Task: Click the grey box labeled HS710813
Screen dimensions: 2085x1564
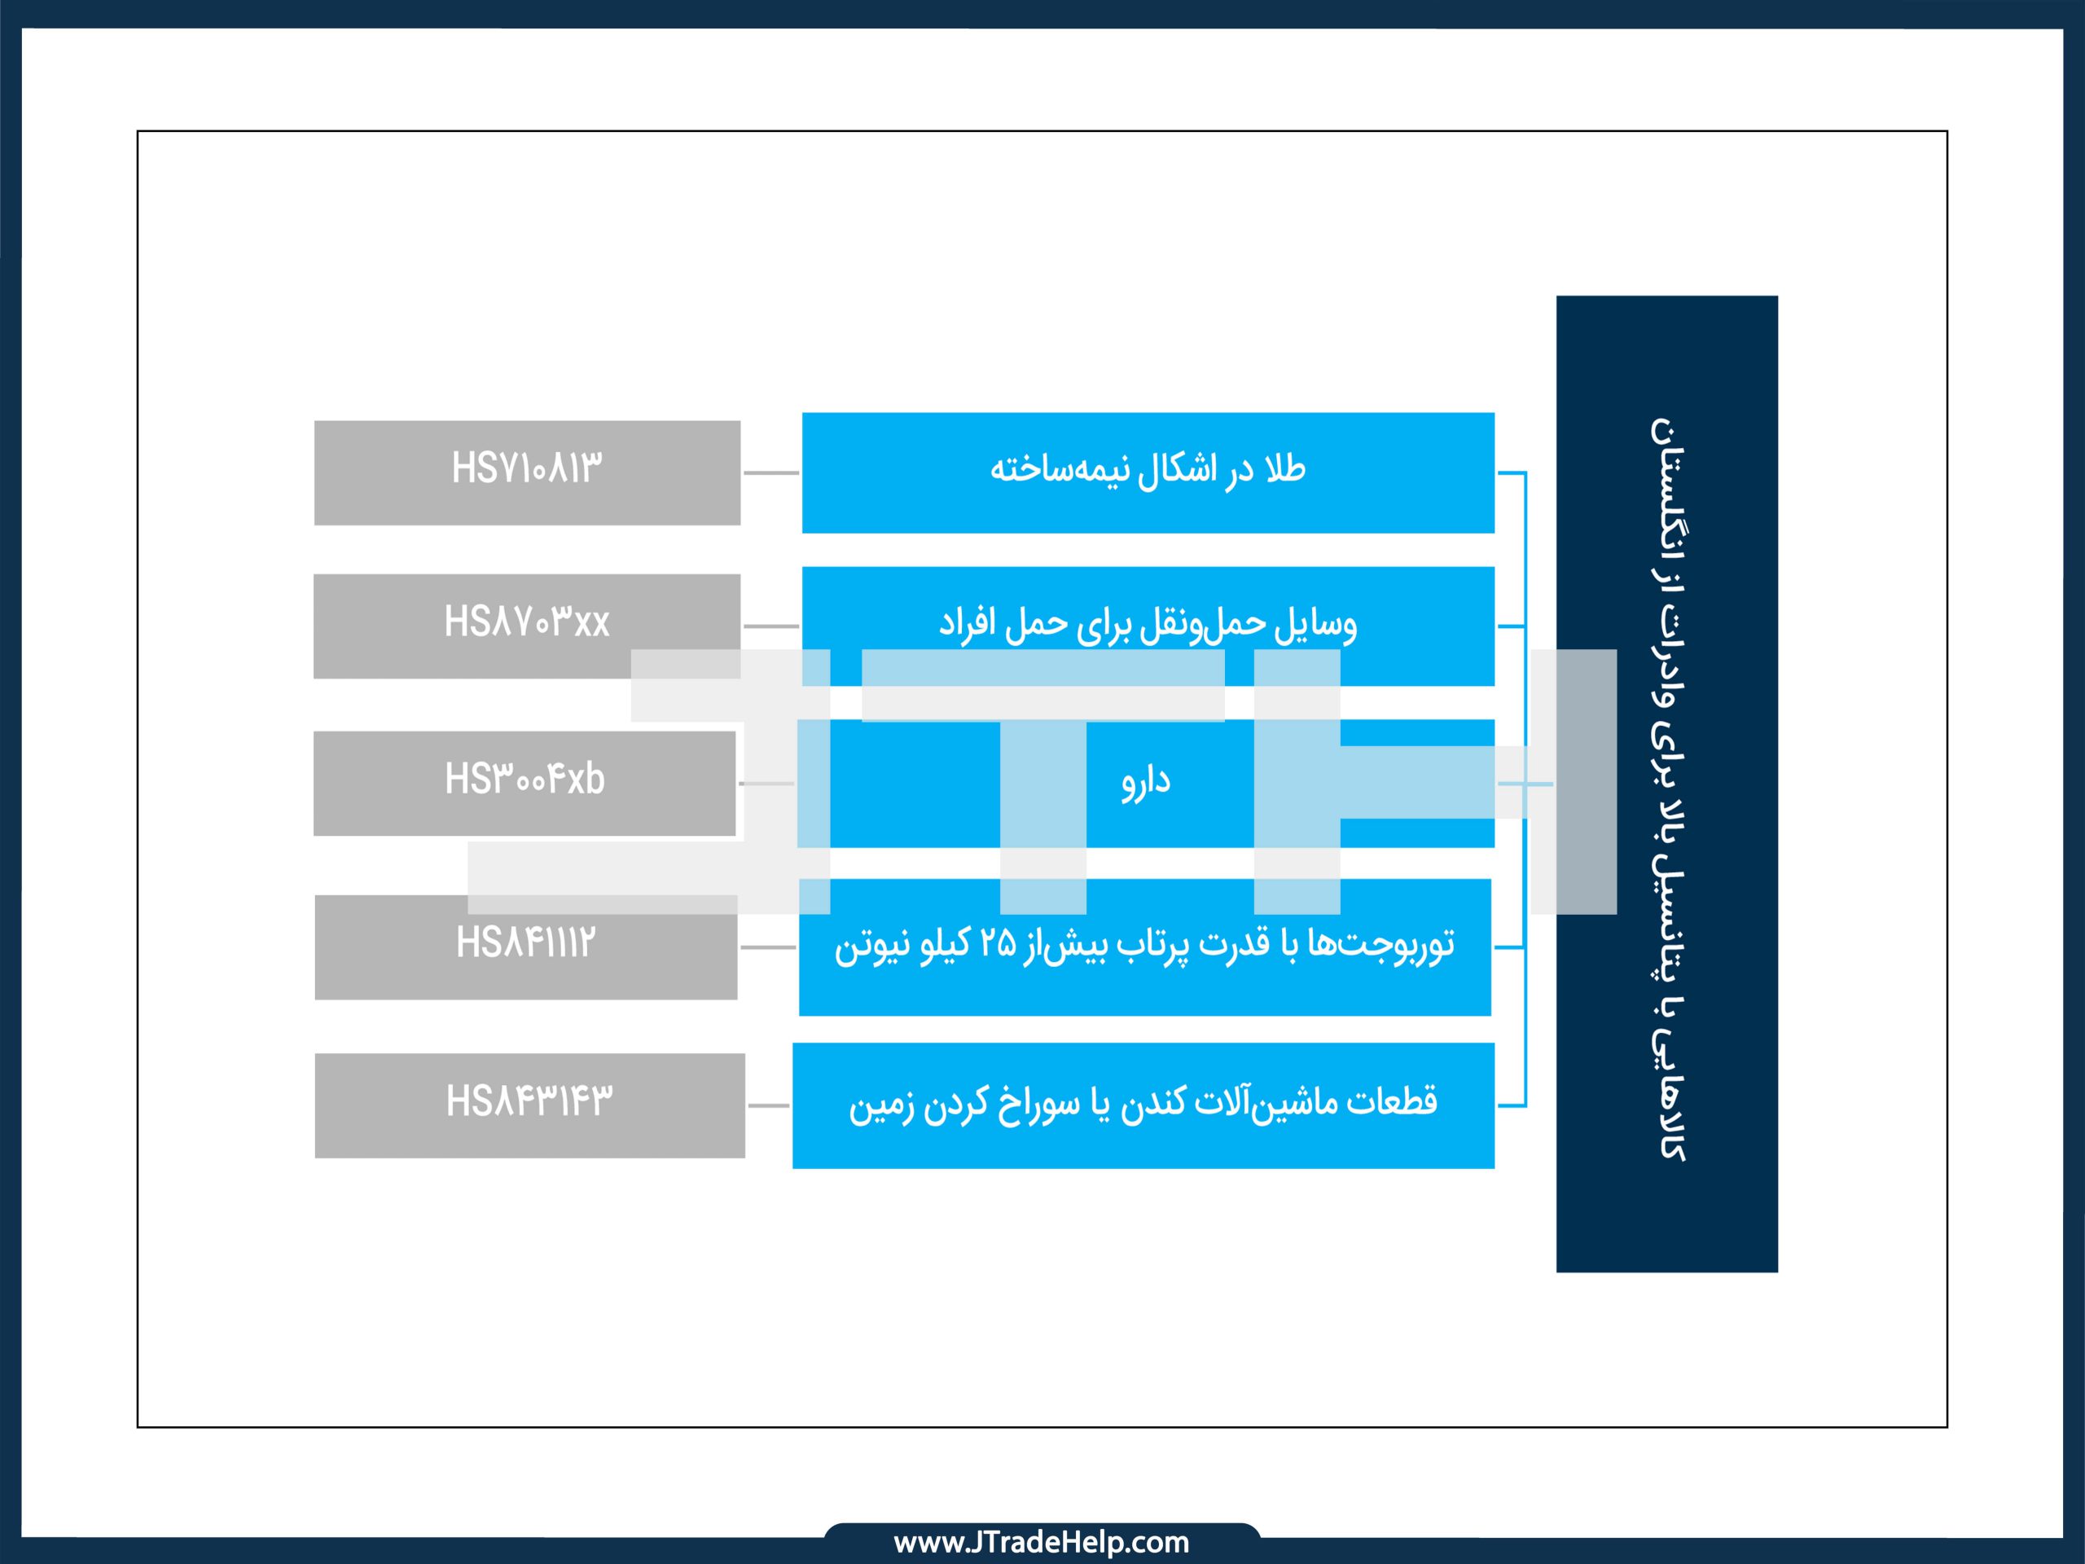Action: coord(527,472)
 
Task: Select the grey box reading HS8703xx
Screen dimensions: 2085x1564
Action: coord(527,626)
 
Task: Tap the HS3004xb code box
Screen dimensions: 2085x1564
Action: coord(524,784)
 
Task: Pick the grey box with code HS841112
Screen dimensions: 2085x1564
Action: coord(526,947)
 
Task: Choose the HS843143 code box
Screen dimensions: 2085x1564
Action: coord(529,1105)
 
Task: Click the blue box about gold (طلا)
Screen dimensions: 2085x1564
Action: coord(1148,472)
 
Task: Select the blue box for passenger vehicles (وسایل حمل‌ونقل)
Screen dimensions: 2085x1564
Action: coord(1148,626)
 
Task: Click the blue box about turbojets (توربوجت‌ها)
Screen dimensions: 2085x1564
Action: coord(1145,947)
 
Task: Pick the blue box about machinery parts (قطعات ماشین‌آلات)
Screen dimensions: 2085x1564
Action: coord(1143,1105)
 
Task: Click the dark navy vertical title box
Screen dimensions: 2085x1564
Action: coord(1666,784)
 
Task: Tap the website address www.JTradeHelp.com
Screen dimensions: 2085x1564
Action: coord(1042,1542)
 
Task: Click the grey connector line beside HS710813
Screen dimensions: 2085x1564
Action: coord(771,472)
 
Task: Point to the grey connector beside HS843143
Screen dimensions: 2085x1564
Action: coord(768,1105)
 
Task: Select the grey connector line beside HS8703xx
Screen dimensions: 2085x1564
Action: coord(771,626)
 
